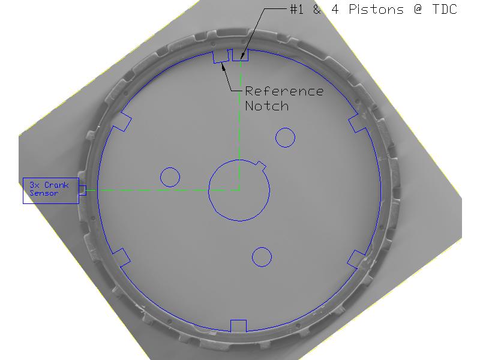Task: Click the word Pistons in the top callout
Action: pyautogui.click(x=376, y=9)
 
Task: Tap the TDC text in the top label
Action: pyautogui.click(x=445, y=9)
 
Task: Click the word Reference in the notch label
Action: pyautogui.click(x=284, y=91)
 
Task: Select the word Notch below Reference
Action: pyautogui.click(x=266, y=106)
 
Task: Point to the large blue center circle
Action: pyautogui.click(x=208, y=190)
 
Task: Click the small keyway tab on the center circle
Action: pyautogui.click(x=261, y=166)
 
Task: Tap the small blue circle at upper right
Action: pyautogui.click(x=285, y=128)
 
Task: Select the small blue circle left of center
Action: pyautogui.click(x=170, y=168)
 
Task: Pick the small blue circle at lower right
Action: pyautogui.click(x=262, y=247)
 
